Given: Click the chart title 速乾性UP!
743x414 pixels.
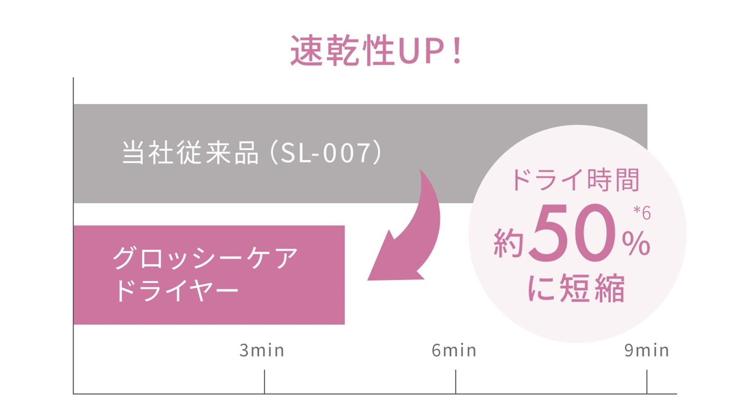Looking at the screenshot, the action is (x=376, y=51).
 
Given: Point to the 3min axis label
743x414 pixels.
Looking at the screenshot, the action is (x=262, y=350).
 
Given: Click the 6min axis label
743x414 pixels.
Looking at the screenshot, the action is (x=454, y=350).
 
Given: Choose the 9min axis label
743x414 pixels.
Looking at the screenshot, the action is (x=646, y=350).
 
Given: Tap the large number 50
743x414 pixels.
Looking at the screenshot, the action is (x=573, y=233).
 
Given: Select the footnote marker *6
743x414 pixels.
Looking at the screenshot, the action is (x=642, y=213).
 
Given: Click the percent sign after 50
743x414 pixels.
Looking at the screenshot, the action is (x=636, y=243).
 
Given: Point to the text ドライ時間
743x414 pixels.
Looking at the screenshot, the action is (x=575, y=180).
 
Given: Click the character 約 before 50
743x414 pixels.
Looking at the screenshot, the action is (x=509, y=243).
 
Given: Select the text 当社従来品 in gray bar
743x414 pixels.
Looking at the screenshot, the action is (x=190, y=153).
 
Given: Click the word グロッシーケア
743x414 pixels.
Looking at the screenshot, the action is (x=205, y=258).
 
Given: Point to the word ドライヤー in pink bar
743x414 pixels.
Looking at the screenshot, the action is (x=176, y=290).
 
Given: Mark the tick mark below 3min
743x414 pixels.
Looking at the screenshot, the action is (x=264, y=381).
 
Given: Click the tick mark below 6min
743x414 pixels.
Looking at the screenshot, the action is (x=456, y=381).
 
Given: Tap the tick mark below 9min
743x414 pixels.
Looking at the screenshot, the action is (x=647, y=381).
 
